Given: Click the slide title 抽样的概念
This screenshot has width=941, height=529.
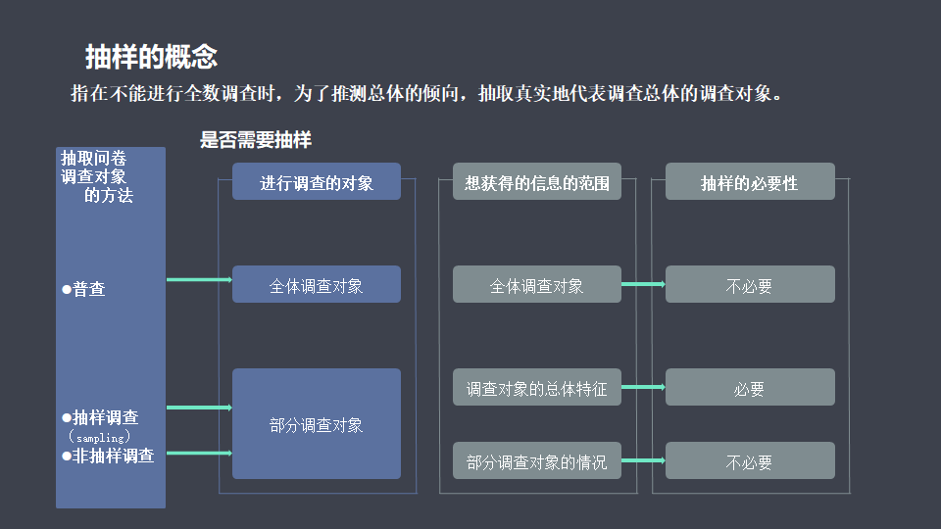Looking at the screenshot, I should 151,57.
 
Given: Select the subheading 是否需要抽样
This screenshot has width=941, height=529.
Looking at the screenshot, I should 256,140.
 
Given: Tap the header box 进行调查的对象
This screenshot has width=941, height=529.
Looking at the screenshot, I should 317,182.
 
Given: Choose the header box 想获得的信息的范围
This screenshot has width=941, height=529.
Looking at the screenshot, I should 537,182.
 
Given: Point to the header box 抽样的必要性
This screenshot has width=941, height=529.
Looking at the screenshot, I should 750,182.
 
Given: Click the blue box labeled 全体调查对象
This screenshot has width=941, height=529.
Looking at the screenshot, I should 317,285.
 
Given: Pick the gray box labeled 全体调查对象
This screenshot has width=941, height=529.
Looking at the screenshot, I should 537,285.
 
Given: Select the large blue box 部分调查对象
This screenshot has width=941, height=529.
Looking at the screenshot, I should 317,424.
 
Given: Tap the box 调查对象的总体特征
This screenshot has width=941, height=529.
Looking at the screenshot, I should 537,388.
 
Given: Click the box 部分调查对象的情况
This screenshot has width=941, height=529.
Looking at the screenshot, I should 537,461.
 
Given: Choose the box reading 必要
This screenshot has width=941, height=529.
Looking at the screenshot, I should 750,388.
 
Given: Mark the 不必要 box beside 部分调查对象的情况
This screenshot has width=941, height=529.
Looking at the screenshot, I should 750,461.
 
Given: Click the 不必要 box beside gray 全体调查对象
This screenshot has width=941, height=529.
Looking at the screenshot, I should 750,285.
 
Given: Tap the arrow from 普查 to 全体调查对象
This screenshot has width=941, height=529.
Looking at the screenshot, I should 199,280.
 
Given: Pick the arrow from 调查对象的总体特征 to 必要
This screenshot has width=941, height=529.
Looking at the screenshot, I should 643,387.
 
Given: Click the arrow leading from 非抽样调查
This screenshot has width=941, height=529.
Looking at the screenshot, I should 199,454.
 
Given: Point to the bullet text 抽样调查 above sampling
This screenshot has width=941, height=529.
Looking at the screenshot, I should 105,417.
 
